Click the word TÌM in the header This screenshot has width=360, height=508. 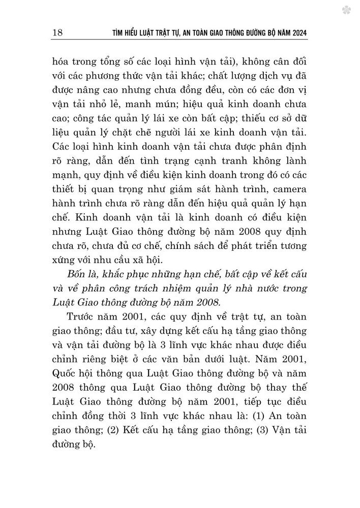click(x=119, y=34)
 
